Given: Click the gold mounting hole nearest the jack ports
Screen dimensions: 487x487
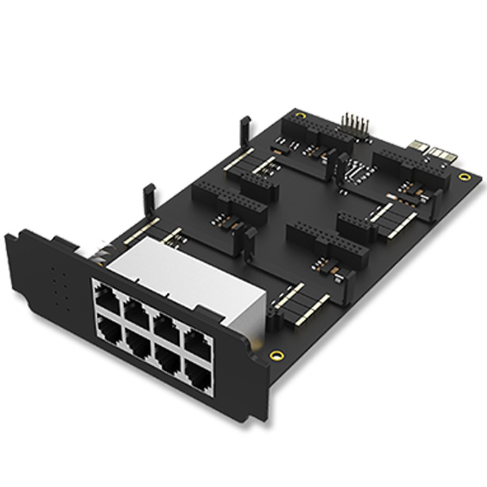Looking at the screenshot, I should (276, 355).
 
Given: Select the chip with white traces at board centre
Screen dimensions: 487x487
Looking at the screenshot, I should (355, 171).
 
